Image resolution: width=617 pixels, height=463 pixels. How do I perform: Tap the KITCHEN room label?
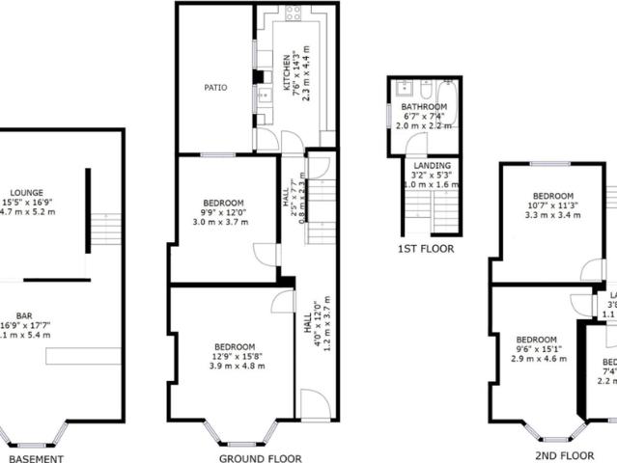point(286,73)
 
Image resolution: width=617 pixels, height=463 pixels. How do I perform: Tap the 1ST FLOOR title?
point(425,249)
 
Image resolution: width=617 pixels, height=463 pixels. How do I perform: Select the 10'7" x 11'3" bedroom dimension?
point(553,204)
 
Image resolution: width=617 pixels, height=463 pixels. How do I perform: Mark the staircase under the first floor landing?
point(443,206)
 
